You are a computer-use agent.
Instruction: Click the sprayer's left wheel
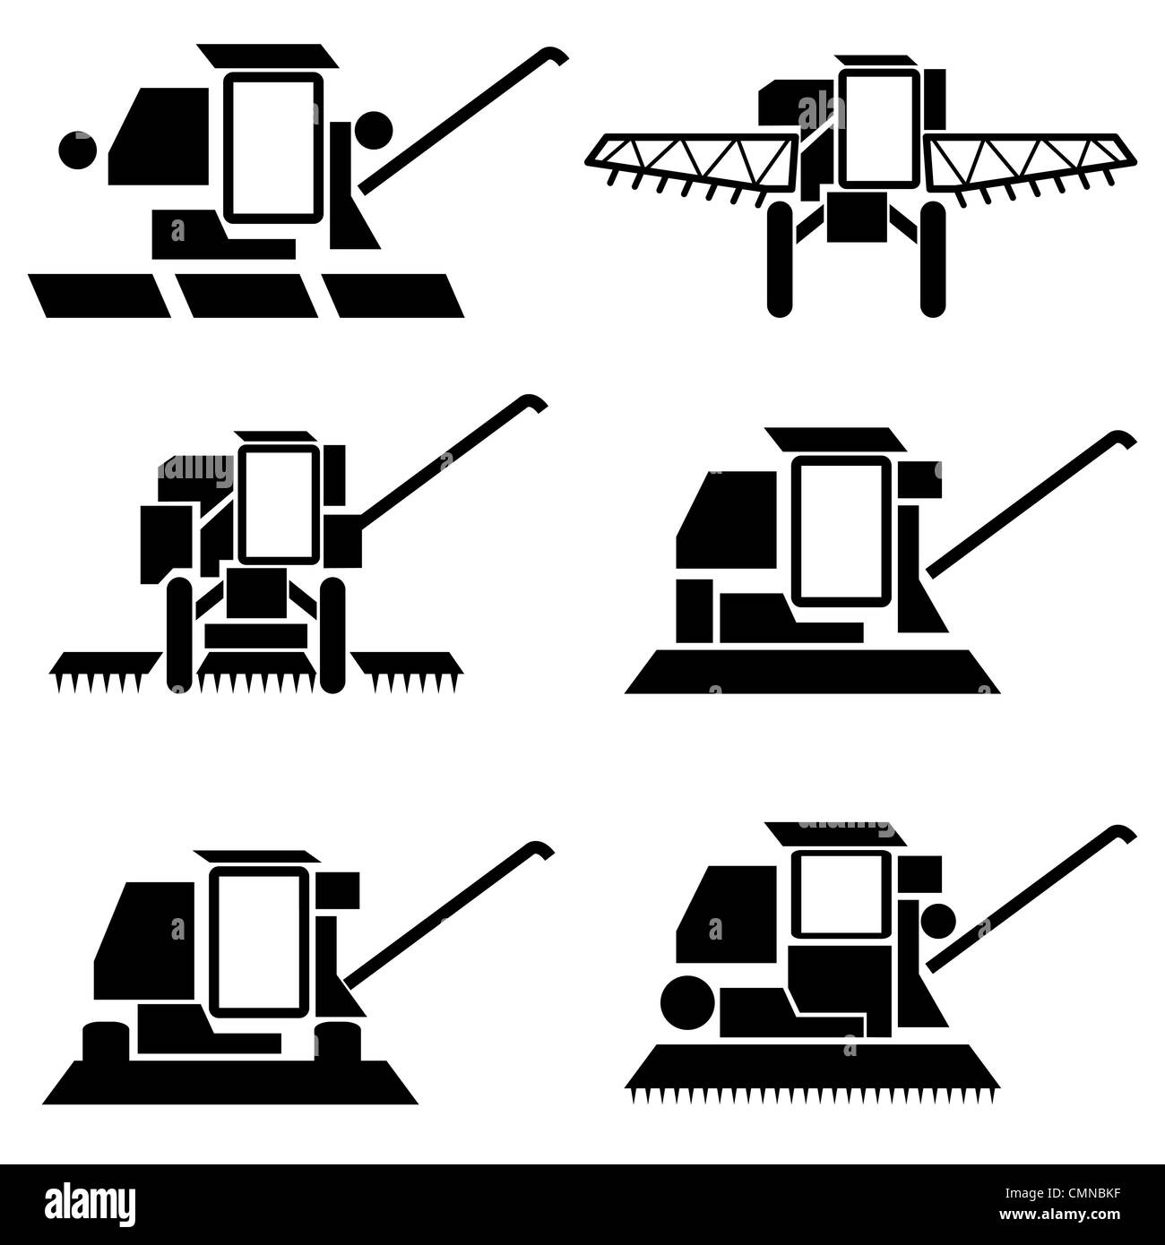[x=780, y=259]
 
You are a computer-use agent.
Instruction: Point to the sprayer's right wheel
[x=933, y=259]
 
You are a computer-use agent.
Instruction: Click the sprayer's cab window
[x=879, y=124]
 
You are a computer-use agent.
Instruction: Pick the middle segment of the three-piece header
[x=245, y=295]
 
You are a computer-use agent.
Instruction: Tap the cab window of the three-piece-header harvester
[x=272, y=148]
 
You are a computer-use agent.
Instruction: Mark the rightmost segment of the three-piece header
[x=393, y=295]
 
